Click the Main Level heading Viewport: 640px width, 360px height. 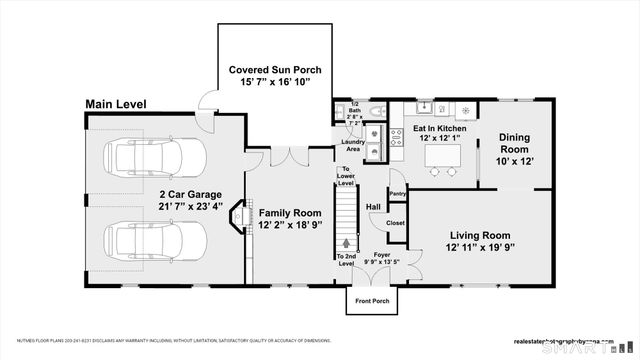[x=116, y=103]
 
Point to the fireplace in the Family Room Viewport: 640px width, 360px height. [x=238, y=217]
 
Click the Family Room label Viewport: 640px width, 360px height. [x=290, y=213]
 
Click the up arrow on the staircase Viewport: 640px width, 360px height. [x=347, y=242]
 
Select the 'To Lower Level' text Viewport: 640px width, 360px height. [x=346, y=177]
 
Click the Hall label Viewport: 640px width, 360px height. [x=373, y=207]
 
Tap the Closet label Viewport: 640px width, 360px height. [x=395, y=223]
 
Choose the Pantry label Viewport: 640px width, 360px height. [x=397, y=193]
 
